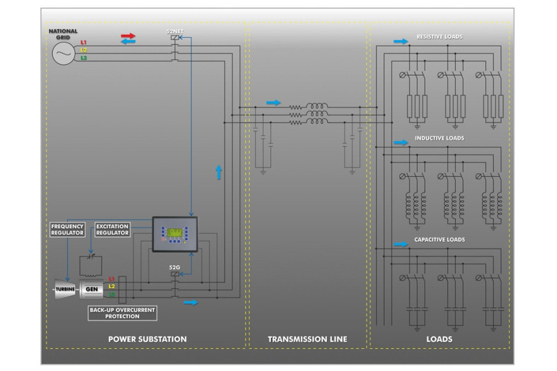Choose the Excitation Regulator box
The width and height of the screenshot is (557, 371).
(x=113, y=229)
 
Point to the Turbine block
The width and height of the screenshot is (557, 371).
(x=64, y=290)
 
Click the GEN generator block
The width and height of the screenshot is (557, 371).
(x=92, y=290)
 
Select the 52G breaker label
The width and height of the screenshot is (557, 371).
(x=174, y=267)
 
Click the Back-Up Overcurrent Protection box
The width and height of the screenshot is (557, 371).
(x=122, y=313)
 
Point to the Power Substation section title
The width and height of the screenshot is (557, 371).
(x=148, y=339)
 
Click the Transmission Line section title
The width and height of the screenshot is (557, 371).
(x=307, y=339)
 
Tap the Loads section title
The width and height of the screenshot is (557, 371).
(x=439, y=339)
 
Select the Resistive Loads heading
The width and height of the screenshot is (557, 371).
(x=439, y=37)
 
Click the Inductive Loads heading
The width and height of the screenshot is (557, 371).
(x=439, y=138)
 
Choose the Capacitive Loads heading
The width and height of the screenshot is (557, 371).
(x=439, y=239)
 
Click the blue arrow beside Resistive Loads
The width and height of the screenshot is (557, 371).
(x=401, y=41)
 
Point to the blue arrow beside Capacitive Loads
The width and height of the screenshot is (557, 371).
(x=401, y=244)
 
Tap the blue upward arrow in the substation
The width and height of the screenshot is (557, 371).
(x=219, y=172)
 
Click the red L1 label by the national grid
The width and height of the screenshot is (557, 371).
(x=83, y=43)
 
